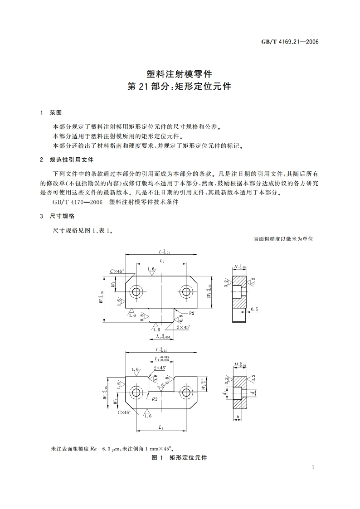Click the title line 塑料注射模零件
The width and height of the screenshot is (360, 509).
(180, 73)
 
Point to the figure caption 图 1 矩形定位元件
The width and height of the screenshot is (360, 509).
(180, 457)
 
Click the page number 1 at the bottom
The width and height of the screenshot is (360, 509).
(313, 467)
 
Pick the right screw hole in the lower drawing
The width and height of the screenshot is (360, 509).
(186, 392)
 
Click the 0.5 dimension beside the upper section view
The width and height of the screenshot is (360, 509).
(254, 310)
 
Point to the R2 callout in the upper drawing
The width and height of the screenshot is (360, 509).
(191, 313)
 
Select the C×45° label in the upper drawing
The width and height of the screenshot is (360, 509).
(117, 271)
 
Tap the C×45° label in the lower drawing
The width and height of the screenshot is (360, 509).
(124, 412)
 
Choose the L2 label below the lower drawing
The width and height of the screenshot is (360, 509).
(161, 427)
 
